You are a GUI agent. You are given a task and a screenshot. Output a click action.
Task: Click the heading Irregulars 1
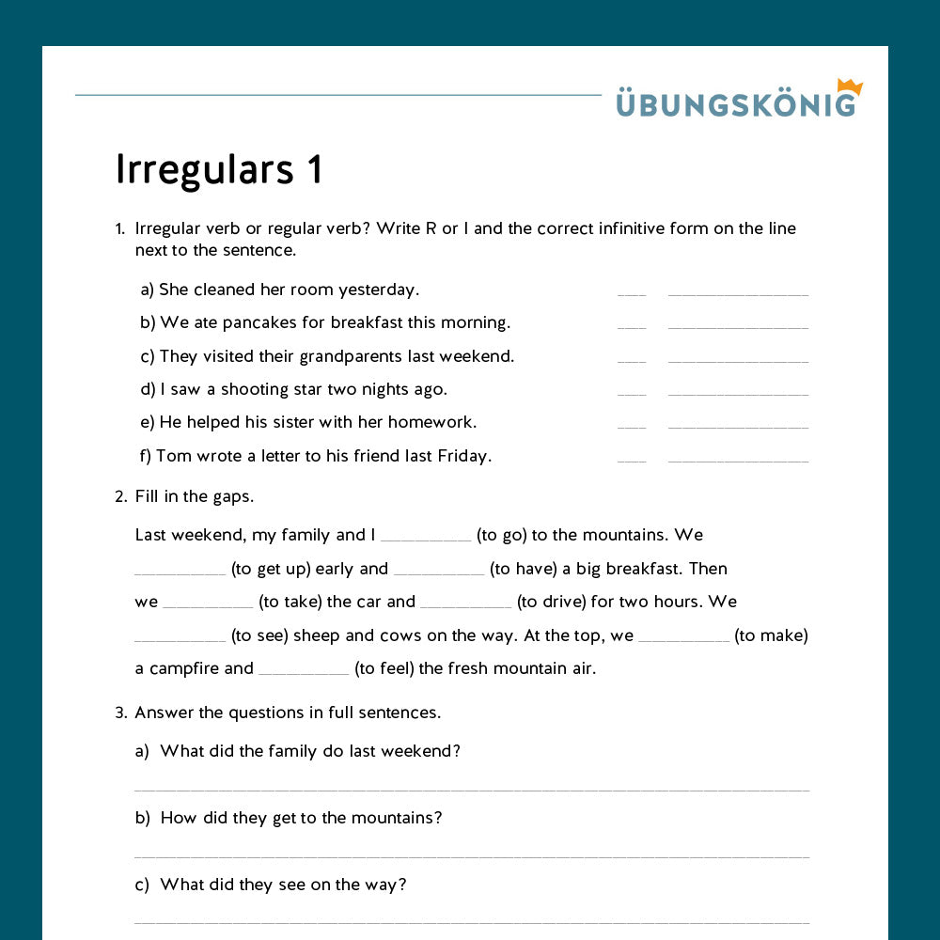(x=219, y=169)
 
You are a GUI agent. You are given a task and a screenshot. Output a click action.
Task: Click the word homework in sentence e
(x=431, y=422)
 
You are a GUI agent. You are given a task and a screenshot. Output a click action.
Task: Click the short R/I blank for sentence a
(x=632, y=294)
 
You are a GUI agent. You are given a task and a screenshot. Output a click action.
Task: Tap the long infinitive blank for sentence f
(x=738, y=461)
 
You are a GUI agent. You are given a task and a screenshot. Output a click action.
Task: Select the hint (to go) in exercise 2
(x=501, y=535)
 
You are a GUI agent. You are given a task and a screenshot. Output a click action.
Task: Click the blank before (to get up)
(x=180, y=572)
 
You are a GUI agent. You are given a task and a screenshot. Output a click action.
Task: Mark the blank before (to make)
(x=683, y=640)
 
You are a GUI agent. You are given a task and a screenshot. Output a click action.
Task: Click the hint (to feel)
(x=381, y=668)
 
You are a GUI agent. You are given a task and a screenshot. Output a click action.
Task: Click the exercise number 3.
(x=120, y=713)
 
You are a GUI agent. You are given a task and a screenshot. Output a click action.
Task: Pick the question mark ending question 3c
(x=402, y=885)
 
